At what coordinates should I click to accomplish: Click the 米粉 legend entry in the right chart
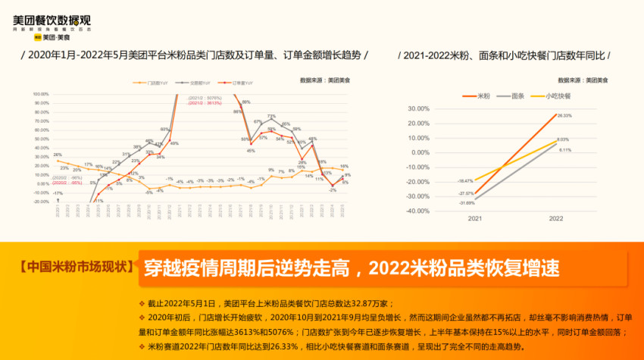(483, 97)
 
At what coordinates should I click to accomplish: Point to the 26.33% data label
(563, 115)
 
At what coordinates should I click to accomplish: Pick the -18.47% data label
(464, 181)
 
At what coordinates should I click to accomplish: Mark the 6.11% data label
(564, 150)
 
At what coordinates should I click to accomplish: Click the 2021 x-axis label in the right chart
(474, 219)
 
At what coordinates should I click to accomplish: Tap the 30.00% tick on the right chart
(419, 108)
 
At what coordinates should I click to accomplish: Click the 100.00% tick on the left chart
(41, 95)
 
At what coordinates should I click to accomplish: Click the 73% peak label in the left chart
(271, 116)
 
